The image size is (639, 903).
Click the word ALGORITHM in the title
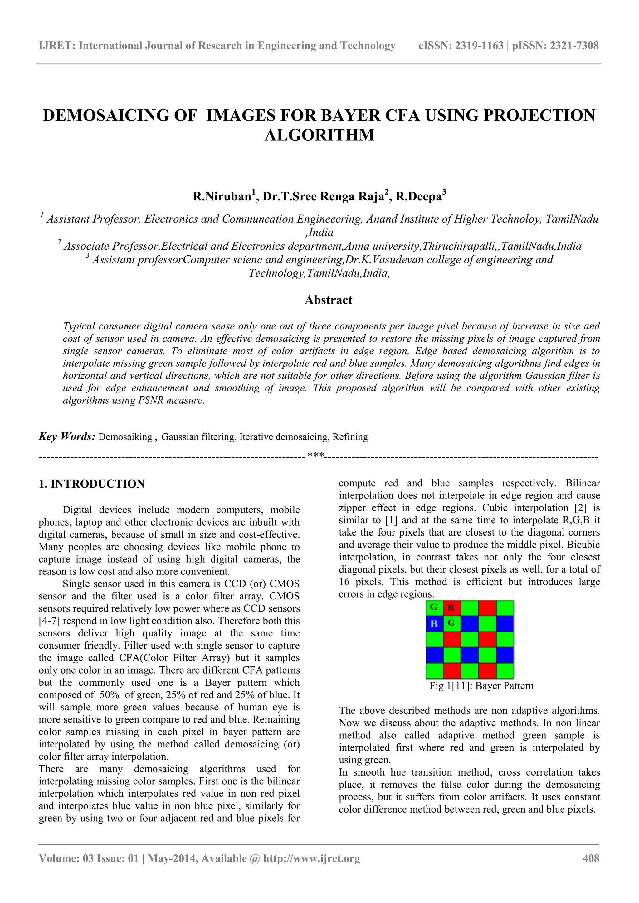tap(319, 135)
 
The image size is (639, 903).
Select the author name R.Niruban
tap(222, 196)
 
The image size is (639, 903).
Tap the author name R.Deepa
tap(418, 196)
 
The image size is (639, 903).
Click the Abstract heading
tap(328, 300)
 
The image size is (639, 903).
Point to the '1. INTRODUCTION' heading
tap(92, 484)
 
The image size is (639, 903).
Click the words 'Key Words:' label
tap(67, 437)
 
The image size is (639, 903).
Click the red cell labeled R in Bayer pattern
tap(451, 608)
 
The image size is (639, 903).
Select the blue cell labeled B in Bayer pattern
tap(434, 624)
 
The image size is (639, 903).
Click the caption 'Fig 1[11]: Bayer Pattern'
tap(481, 686)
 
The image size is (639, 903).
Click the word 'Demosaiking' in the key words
tap(125, 437)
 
